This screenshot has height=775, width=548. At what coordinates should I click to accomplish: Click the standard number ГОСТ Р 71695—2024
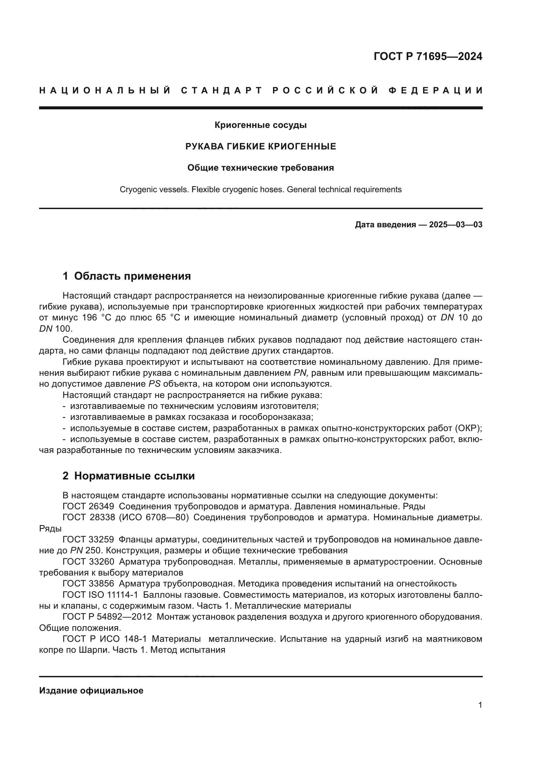[427, 56]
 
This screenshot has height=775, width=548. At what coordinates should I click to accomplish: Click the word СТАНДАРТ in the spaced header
[222, 90]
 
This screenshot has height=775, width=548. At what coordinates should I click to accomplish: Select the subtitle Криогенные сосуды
[260, 125]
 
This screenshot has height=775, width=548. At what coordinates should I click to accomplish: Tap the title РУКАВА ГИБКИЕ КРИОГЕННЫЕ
[260, 146]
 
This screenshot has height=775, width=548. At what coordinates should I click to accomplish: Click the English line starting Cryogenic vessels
[260, 190]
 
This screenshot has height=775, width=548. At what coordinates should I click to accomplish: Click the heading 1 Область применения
[127, 276]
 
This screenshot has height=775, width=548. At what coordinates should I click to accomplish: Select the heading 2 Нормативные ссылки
[129, 476]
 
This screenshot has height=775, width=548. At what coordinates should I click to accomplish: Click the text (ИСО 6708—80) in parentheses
[153, 518]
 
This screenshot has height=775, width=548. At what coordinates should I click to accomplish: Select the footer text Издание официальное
[91, 691]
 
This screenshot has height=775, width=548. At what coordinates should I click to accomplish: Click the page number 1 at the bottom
[480, 705]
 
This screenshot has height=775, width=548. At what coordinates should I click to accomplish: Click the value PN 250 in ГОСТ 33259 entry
[83, 551]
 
